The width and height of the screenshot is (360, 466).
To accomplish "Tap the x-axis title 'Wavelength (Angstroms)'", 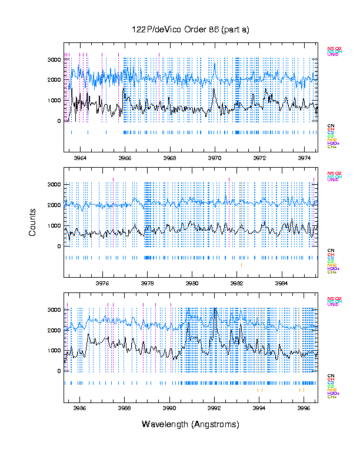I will coord(190,424).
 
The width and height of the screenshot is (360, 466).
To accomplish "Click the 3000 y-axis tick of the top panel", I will coord(54,60).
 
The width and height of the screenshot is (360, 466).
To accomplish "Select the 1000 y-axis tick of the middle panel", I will coord(54,226).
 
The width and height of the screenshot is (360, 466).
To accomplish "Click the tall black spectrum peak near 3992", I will coord(215,309).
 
